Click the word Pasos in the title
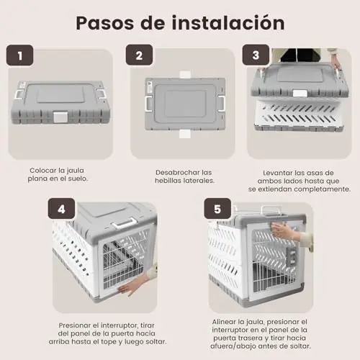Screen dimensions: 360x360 105,23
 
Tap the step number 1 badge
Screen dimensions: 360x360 19,55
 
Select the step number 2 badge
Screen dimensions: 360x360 139,55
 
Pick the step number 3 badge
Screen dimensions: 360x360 256,55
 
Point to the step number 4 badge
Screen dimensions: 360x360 61,209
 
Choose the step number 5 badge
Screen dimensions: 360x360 217,209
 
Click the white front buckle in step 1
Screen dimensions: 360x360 60,117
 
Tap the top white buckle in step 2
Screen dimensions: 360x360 185,74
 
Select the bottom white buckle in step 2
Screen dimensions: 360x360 185,134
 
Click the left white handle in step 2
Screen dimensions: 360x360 148,104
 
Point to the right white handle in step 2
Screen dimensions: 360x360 222,103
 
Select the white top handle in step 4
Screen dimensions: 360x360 125,223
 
